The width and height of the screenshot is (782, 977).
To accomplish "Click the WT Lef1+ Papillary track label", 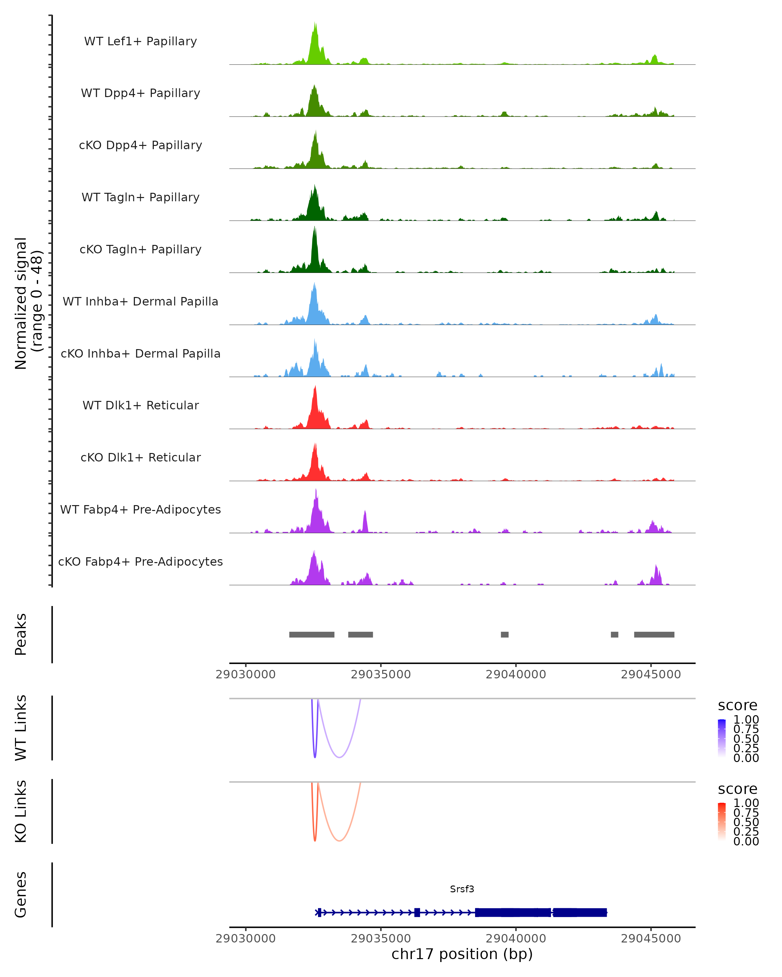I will click(140, 41).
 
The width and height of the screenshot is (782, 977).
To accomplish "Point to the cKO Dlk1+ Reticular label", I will click(140, 457).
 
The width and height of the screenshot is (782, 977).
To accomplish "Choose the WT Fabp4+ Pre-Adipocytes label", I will click(140, 509).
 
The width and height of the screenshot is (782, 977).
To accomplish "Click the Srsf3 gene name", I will click(462, 889).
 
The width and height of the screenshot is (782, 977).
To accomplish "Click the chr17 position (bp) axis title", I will click(462, 954).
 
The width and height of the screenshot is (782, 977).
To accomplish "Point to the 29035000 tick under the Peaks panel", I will click(381, 674).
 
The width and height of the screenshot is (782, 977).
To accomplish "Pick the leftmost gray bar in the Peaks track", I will click(312, 634).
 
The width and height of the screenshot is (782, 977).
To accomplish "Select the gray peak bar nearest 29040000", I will click(505, 634).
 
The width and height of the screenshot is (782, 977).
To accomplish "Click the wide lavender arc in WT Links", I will click(339, 757).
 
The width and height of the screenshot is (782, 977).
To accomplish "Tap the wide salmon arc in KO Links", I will click(339, 841).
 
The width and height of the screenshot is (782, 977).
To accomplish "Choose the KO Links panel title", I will click(21, 811).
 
